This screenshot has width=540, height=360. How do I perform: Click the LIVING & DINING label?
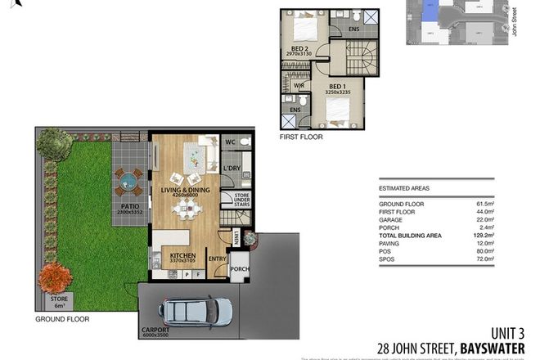click(x=185, y=190)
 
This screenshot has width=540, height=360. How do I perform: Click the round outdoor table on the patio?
click(x=127, y=178)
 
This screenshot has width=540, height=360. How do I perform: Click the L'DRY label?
click(x=232, y=169)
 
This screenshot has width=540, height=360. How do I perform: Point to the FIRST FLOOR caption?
click(x=301, y=137)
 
